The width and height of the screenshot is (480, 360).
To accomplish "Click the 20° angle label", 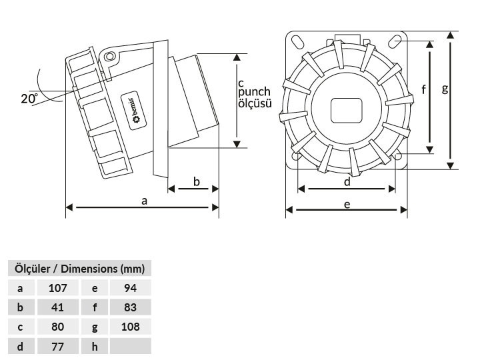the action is [x=29, y=98].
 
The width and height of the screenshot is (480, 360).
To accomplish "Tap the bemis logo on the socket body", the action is [x=134, y=111].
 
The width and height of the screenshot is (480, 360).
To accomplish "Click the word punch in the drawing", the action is [x=254, y=92].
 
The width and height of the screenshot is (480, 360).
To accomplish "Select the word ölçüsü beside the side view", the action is [x=255, y=103].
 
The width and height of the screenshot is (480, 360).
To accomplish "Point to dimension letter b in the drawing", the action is [x=196, y=182].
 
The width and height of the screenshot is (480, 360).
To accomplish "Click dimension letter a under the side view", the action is [x=144, y=201].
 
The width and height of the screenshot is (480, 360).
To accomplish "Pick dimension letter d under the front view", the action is [x=347, y=182].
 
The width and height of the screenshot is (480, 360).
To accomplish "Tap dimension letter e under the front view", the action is [x=347, y=205].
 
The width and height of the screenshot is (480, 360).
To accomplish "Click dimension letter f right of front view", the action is [x=424, y=90].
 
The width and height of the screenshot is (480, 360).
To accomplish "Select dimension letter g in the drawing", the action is [x=445, y=89].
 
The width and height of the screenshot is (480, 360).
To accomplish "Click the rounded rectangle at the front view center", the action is [x=346, y=111].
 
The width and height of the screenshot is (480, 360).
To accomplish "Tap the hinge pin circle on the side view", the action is [x=109, y=57].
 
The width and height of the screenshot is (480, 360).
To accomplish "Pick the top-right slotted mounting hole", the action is [x=395, y=41].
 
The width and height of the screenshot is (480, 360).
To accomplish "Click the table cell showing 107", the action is [x=57, y=288].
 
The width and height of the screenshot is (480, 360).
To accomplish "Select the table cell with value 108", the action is [x=131, y=327].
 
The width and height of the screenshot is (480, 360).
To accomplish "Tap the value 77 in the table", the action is [x=57, y=346].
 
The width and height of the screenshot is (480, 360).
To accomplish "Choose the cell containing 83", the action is [x=131, y=307].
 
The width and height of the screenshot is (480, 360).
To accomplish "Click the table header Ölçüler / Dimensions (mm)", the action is [x=79, y=269].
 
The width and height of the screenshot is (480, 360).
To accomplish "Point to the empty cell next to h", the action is [x=131, y=346].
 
